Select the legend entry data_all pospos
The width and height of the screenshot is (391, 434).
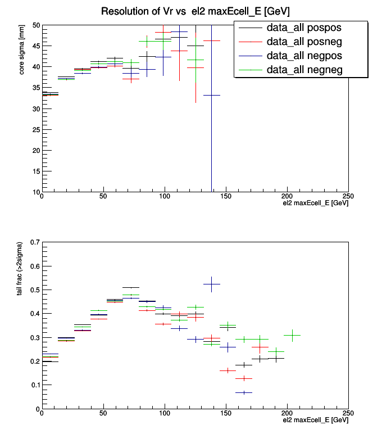(304, 27)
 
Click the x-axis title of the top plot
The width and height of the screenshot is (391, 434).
(315, 204)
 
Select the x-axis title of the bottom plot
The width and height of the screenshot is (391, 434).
(315, 420)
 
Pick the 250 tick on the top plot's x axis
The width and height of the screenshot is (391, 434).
(348, 197)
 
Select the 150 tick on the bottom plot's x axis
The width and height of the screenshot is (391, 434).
(226, 413)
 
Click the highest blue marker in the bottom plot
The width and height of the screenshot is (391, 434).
(211, 284)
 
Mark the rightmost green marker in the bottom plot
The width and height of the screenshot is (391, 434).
(292, 335)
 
